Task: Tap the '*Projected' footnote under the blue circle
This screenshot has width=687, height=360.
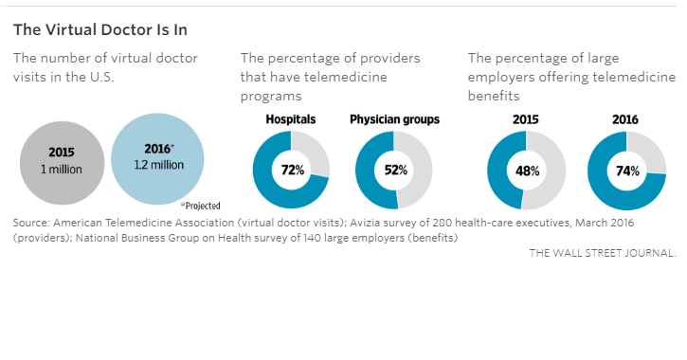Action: pyautogui.click(x=201, y=205)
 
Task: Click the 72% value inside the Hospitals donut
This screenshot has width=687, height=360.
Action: pyautogui.click(x=291, y=171)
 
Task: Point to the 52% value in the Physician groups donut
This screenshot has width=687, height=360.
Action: pyautogui.click(x=393, y=171)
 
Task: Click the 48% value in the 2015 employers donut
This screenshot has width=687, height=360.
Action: pyautogui.click(x=526, y=171)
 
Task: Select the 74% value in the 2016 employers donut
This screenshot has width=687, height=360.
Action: pyautogui.click(x=626, y=171)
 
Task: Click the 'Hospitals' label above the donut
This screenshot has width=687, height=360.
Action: pyautogui.click(x=291, y=119)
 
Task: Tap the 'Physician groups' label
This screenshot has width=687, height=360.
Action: pyautogui.click(x=393, y=119)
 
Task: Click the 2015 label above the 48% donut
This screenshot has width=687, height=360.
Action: pyautogui.click(x=526, y=119)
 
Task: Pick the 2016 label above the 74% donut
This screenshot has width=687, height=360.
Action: pyautogui.click(x=625, y=119)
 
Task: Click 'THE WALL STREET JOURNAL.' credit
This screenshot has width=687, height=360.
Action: pyautogui.click(x=603, y=253)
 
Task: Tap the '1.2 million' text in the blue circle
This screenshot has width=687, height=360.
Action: pyautogui.click(x=158, y=165)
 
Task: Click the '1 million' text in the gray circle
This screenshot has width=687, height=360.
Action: pyautogui.click(x=61, y=169)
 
